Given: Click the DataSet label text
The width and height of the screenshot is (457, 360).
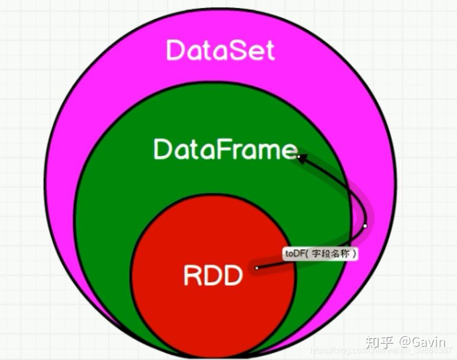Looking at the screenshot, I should click(220, 51).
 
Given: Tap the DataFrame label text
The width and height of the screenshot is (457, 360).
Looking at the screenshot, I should click(225, 149).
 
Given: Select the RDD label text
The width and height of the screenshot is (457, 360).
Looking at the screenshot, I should click(213, 275).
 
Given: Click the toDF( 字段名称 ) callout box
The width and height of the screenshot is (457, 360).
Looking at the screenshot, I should click(321, 254).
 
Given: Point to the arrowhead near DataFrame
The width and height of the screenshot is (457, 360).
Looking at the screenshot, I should click(302, 158).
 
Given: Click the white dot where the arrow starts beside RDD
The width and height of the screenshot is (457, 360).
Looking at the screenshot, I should click(257, 268).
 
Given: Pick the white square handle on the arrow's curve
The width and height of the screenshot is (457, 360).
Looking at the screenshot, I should click(365, 226).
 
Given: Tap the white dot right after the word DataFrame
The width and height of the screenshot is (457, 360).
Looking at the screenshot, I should click(299, 155).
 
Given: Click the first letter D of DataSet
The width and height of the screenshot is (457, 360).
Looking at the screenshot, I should click(175, 51).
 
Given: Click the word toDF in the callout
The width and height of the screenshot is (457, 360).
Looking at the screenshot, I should click(294, 254).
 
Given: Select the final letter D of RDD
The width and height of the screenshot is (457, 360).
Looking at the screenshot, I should click(233, 275).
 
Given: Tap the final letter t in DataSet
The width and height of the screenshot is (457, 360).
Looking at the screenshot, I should click(268, 51).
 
